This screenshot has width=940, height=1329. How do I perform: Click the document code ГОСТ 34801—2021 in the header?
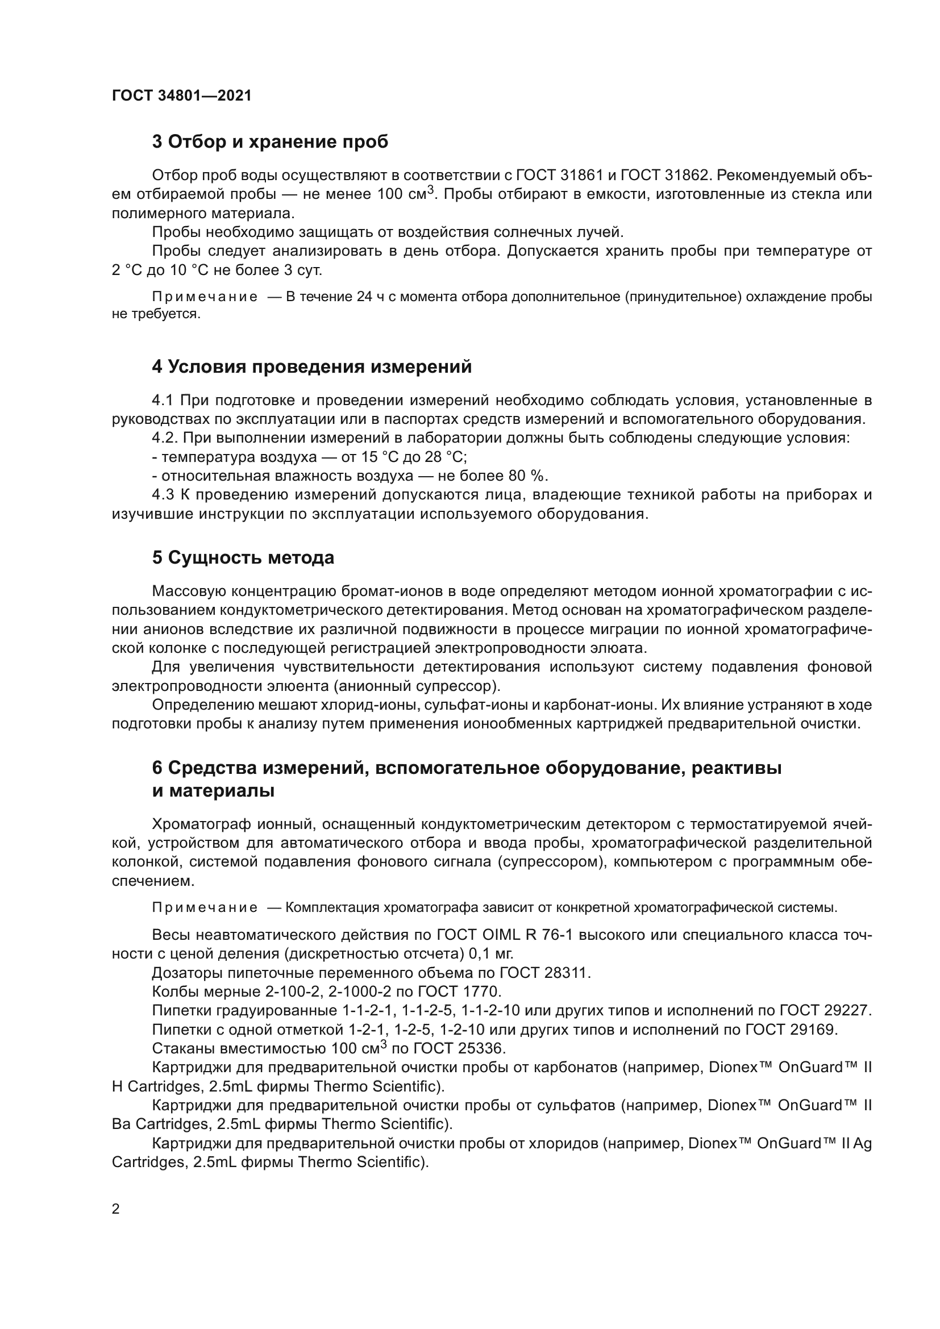tap(182, 95)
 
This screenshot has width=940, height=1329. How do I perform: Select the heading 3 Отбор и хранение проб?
tap(270, 141)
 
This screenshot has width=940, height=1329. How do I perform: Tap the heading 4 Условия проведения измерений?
tap(311, 366)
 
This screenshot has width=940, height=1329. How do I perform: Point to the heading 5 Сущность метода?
tap(243, 557)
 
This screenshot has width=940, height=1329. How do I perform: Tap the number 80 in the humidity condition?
tap(520, 476)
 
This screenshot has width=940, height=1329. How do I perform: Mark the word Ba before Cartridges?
tap(122, 1124)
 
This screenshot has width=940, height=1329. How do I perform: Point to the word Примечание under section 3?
tap(205, 297)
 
